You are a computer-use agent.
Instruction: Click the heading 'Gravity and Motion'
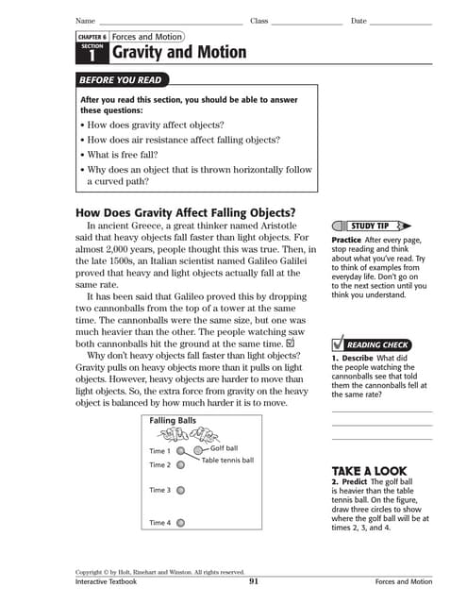point(179,53)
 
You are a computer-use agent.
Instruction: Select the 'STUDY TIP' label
point(370,226)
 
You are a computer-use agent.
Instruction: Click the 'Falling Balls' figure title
point(174,420)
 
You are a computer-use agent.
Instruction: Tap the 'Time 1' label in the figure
point(160,451)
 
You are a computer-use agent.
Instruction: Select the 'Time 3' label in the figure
point(160,491)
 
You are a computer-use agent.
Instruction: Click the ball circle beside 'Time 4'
point(181,522)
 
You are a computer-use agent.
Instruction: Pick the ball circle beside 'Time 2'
point(181,464)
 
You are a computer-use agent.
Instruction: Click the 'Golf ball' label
point(224,448)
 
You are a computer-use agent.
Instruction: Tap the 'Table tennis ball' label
point(227,461)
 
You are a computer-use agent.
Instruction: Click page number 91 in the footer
point(254,581)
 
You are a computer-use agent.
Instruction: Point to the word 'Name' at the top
point(85,21)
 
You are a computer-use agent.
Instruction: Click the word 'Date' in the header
point(359,21)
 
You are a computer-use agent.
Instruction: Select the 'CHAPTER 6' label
point(92,37)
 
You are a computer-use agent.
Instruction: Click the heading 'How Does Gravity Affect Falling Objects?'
point(185,211)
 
